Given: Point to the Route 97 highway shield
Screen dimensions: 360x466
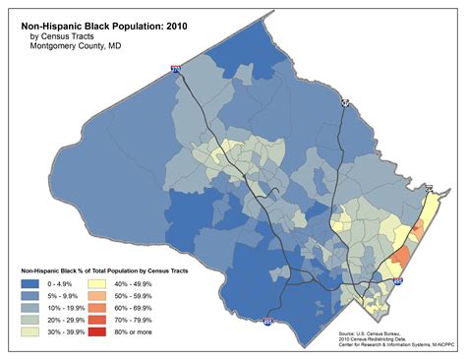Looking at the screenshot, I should tap(344, 102).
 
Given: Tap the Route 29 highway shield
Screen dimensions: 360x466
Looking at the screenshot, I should tap(429, 186).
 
